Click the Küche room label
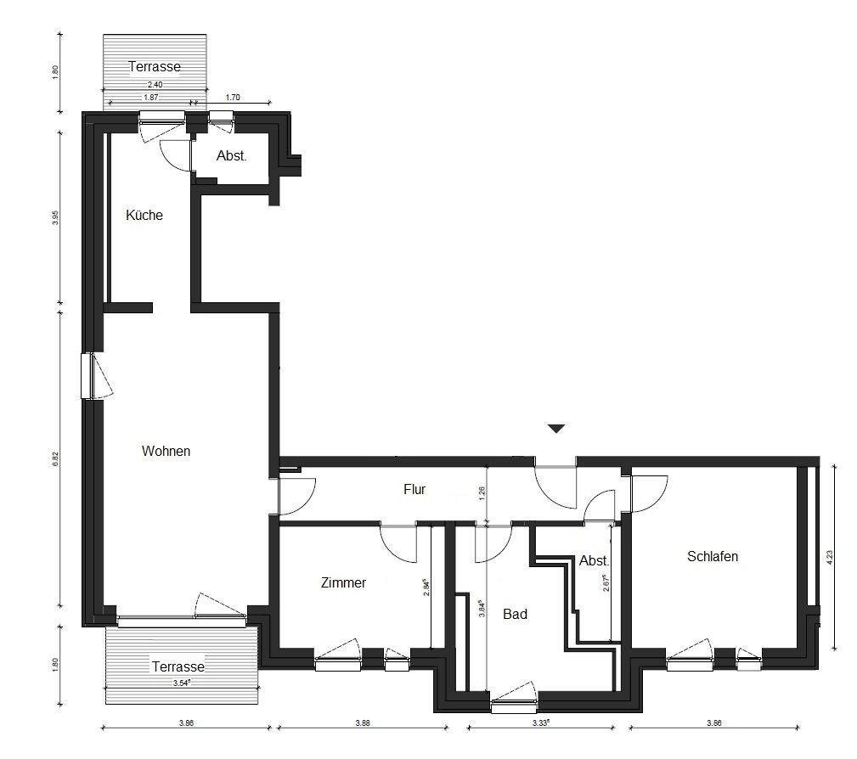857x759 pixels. (144, 215)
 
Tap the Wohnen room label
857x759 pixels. (166, 451)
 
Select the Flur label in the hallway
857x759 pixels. (414, 489)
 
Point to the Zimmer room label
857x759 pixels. (343, 582)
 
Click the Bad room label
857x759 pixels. (515, 614)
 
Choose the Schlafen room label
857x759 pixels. (713, 556)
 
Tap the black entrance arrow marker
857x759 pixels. (556, 429)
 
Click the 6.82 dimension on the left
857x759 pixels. (55, 459)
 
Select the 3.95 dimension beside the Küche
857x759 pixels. (55, 218)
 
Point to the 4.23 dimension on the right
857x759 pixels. (830, 557)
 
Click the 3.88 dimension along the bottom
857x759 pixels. (363, 722)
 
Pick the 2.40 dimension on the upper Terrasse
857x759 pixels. (155, 85)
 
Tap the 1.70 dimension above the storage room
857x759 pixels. (233, 98)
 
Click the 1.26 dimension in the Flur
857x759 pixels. (482, 494)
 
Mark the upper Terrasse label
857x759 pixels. (155, 67)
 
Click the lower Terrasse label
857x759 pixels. (178, 666)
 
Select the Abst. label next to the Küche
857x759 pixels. (231, 155)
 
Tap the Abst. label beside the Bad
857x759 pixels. (594, 560)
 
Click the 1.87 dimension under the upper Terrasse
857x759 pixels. (151, 98)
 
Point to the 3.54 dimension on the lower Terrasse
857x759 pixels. (182, 683)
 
